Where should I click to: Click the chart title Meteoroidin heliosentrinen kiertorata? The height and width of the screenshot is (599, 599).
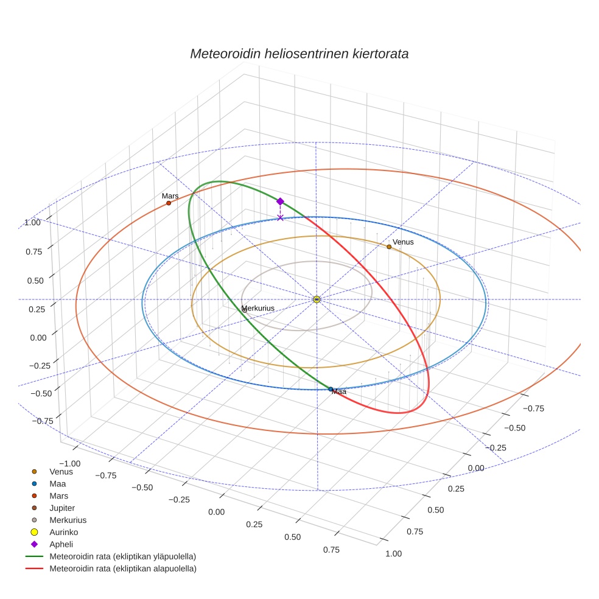point(299,54)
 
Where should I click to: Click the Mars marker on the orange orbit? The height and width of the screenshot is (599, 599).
point(169,203)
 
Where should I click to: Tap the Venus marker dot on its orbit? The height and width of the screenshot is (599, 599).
point(389,247)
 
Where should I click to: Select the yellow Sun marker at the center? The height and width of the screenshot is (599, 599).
point(317,299)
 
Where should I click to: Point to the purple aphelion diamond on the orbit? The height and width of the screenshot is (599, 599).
point(280,201)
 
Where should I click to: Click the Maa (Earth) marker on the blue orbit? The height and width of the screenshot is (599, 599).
point(331,389)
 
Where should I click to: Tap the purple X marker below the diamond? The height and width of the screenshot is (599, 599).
point(280,217)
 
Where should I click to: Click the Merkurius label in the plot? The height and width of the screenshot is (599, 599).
point(258,309)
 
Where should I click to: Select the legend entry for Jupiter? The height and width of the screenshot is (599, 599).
point(61,508)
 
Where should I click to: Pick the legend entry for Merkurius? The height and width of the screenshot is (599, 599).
point(68,520)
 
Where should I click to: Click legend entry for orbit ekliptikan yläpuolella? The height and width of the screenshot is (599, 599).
point(122,556)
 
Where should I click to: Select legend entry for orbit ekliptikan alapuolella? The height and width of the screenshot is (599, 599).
point(122,569)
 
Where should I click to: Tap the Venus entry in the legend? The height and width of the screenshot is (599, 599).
point(61,471)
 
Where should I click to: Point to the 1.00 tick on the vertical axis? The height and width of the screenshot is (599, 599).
point(33,223)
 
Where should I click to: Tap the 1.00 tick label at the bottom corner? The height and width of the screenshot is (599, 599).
point(393,553)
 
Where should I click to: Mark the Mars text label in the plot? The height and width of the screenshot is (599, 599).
point(170,196)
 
